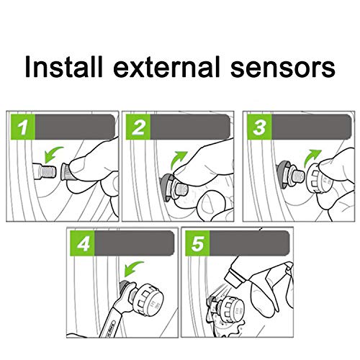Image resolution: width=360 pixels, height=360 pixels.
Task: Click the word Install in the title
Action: coord(63,66)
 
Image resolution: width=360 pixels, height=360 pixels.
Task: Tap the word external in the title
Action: coord(167,66)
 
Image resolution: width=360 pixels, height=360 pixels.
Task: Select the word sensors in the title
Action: coord(283,68)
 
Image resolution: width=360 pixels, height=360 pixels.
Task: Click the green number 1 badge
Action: coord(23,127)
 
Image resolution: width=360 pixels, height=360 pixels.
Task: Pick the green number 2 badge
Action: coord(138,127)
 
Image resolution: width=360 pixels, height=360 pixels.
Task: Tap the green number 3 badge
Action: coord(259,127)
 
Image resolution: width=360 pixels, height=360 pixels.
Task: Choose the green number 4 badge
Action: coord(82,243)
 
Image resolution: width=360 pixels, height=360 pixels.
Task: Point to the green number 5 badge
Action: coord(197,243)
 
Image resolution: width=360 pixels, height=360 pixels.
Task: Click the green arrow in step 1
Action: coord(52,154)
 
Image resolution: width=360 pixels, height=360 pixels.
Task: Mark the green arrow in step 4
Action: coord(132,269)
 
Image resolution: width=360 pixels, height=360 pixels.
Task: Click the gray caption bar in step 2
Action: coord(190,127)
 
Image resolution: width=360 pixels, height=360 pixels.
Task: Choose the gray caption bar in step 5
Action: coord(249,243)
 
